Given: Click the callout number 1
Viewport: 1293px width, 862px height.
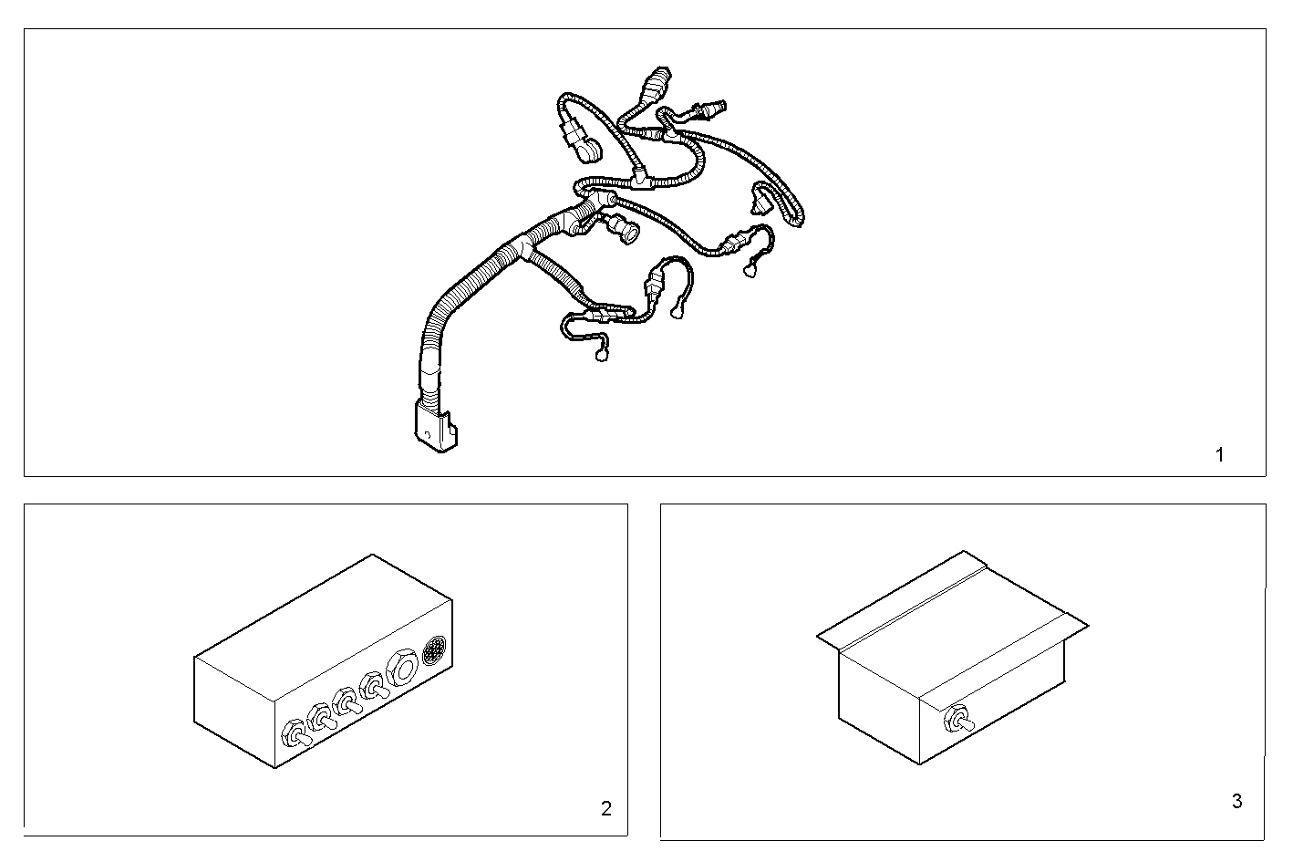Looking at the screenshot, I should click(x=1220, y=455).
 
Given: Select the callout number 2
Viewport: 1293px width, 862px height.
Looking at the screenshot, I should click(x=606, y=808).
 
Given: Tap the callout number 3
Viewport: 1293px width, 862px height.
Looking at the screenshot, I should click(x=1236, y=802).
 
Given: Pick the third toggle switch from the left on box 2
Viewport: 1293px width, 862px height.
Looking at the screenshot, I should click(x=347, y=703).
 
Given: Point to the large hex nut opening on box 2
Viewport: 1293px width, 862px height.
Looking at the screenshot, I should click(x=402, y=668).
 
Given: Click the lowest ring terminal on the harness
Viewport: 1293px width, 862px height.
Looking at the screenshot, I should click(x=602, y=356).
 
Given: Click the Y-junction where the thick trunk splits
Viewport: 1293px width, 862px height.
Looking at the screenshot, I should click(x=526, y=243).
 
